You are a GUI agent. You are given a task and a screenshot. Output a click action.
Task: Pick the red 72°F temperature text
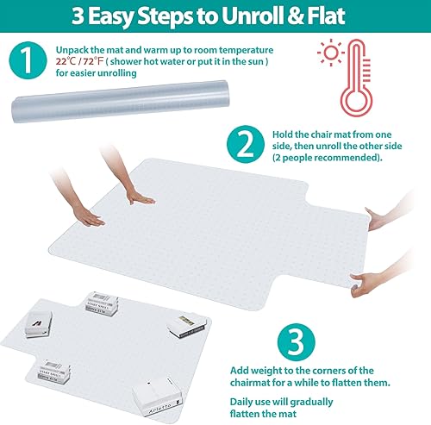click(x=102, y=63)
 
